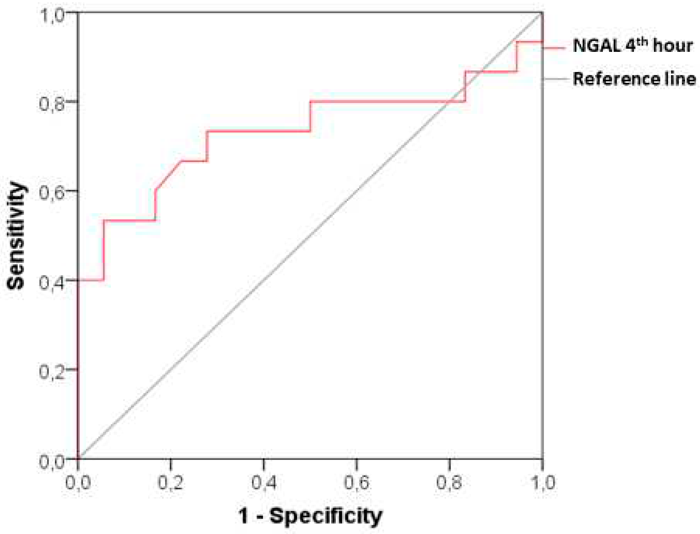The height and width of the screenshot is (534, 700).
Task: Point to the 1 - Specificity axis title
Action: coord(310,516)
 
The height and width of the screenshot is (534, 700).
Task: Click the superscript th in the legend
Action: coord(642,42)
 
